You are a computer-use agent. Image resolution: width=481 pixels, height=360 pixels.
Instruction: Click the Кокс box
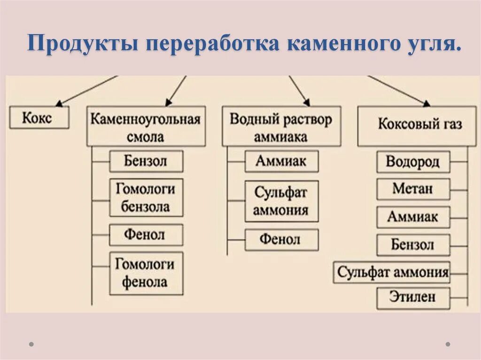pos(39,118)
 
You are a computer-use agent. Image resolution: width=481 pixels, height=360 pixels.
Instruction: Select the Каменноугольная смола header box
pos(146,126)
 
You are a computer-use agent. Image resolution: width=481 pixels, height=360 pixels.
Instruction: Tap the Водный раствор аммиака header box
pos(281,126)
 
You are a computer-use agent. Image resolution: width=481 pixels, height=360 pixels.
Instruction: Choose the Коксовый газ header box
pos(419,125)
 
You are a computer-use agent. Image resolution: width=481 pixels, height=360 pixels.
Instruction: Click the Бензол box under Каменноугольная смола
pos(146,161)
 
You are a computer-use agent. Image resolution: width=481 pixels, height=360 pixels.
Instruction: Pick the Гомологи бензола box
pos(146,197)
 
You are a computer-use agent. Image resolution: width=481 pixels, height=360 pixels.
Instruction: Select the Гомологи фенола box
pos(146,273)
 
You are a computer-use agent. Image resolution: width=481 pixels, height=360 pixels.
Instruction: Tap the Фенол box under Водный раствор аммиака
pos(281,239)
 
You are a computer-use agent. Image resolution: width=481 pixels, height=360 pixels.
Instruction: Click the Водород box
pos(413,162)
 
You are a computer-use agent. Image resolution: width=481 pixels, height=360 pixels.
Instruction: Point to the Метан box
pos(413,189)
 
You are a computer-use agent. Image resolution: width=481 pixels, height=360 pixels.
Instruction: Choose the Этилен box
pos(413,297)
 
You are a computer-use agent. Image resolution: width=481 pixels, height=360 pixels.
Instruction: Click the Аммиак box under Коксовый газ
pos(413,217)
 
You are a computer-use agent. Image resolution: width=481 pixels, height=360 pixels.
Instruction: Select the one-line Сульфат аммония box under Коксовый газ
pos(392,272)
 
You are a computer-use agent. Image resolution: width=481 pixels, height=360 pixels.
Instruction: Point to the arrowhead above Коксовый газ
pos(426,103)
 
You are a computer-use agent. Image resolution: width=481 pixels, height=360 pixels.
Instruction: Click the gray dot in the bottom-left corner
pos(31,344)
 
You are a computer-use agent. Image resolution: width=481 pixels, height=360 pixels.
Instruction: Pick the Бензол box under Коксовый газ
pos(413,245)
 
